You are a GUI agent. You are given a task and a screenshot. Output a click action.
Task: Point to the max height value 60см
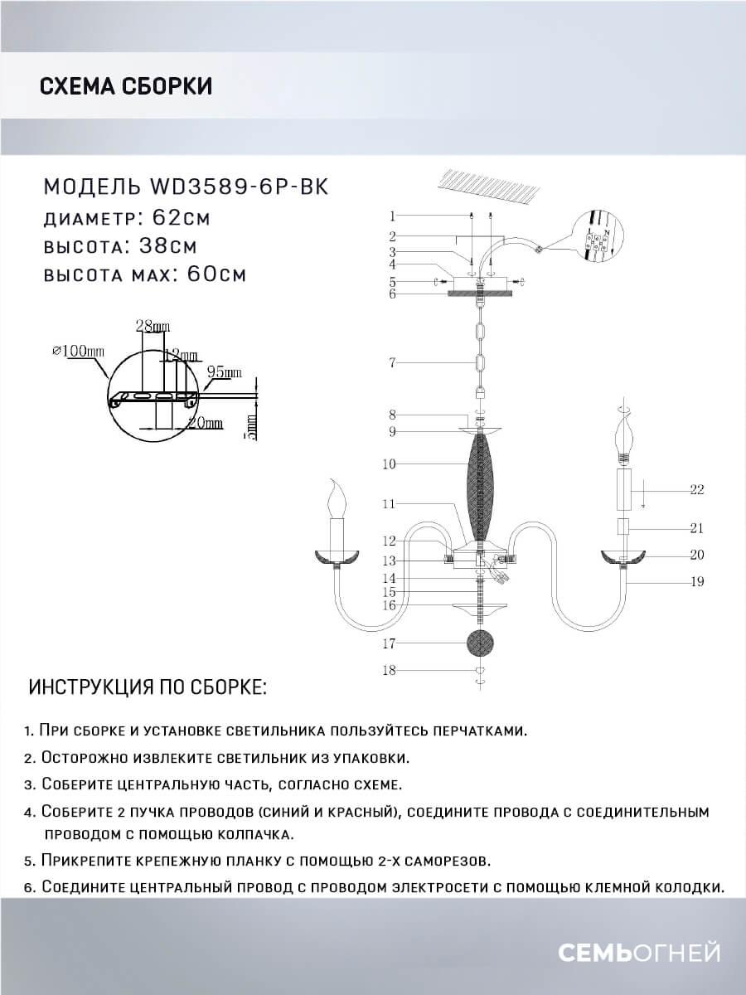[x=210, y=274]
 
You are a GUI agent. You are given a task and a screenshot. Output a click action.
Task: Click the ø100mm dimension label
[x=79, y=351]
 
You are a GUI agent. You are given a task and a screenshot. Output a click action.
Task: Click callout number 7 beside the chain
[x=394, y=362]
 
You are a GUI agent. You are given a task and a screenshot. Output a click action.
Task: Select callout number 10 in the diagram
[x=390, y=464]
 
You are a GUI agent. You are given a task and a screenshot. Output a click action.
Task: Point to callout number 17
[x=390, y=643]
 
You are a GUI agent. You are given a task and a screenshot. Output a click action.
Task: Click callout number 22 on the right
[x=696, y=489]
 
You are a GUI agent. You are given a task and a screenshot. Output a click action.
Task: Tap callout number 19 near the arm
[x=696, y=581]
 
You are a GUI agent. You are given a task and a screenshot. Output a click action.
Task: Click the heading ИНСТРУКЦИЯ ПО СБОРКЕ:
[x=148, y=687]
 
